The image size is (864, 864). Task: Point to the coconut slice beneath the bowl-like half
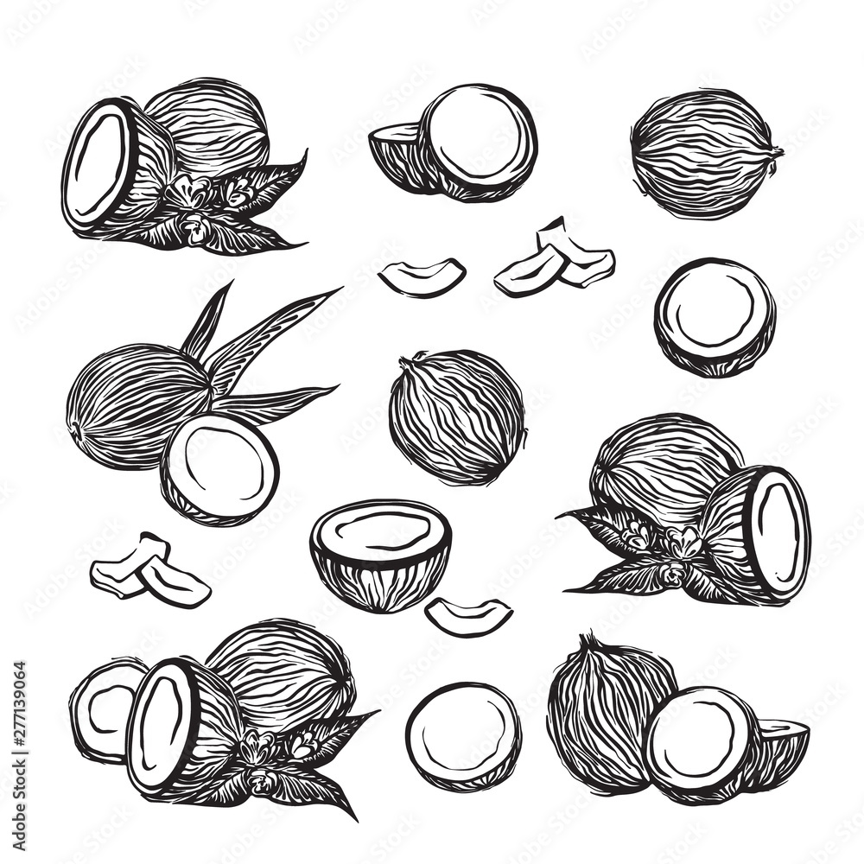[467, 615]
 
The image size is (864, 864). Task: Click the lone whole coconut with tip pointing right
[703, 153]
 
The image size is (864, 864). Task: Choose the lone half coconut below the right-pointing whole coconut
[715, 316]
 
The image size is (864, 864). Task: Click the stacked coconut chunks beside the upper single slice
[557, 259]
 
